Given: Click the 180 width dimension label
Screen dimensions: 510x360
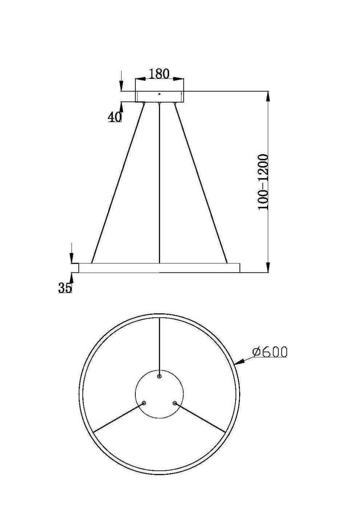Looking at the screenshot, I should [159, 74].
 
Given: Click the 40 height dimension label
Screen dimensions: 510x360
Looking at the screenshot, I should [114, 117].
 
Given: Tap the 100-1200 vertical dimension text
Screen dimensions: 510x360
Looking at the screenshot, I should [263, 182].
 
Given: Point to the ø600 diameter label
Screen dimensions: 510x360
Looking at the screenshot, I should [270, 352].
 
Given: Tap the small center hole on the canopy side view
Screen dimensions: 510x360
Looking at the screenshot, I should [159, 94].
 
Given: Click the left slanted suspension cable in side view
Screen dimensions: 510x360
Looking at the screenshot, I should [117, 182].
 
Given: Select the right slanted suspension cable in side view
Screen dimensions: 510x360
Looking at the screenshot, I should [201, 182].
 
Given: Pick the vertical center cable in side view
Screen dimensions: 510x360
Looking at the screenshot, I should [159, 182].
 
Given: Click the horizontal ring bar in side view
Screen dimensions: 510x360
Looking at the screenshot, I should [159, 268].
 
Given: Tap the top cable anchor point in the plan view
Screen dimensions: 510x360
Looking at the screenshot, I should [159, 376].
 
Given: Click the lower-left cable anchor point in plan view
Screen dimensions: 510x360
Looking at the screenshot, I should [144, 403].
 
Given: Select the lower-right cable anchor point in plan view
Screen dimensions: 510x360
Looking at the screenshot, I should [175, 403].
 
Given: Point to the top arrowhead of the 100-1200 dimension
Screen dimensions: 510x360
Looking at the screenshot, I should [268, 96].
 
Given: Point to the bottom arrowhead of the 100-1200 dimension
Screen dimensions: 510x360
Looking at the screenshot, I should [268, 267].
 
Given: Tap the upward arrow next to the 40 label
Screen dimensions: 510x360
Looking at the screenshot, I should [121, 106].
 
